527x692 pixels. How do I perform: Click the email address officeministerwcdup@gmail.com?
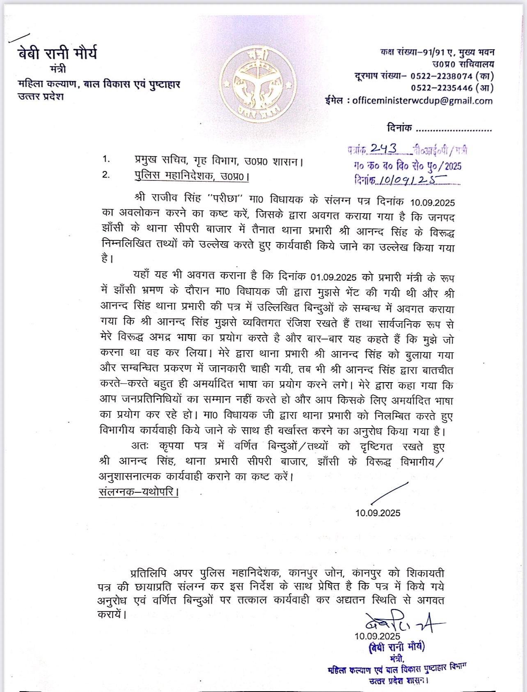click(x=422, y=101)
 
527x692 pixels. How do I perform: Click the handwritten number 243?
click(x=383, y=149)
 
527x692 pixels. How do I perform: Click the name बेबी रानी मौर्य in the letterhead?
click(x=57, y=53)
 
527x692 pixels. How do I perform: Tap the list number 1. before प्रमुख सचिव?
click(x=106, y=159)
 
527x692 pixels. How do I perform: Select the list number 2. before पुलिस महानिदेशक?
click(x=106, y=175)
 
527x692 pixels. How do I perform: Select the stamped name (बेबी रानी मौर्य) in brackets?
click(x=396, y=647)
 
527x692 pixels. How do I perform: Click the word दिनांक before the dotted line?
click(x=399, y=128)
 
